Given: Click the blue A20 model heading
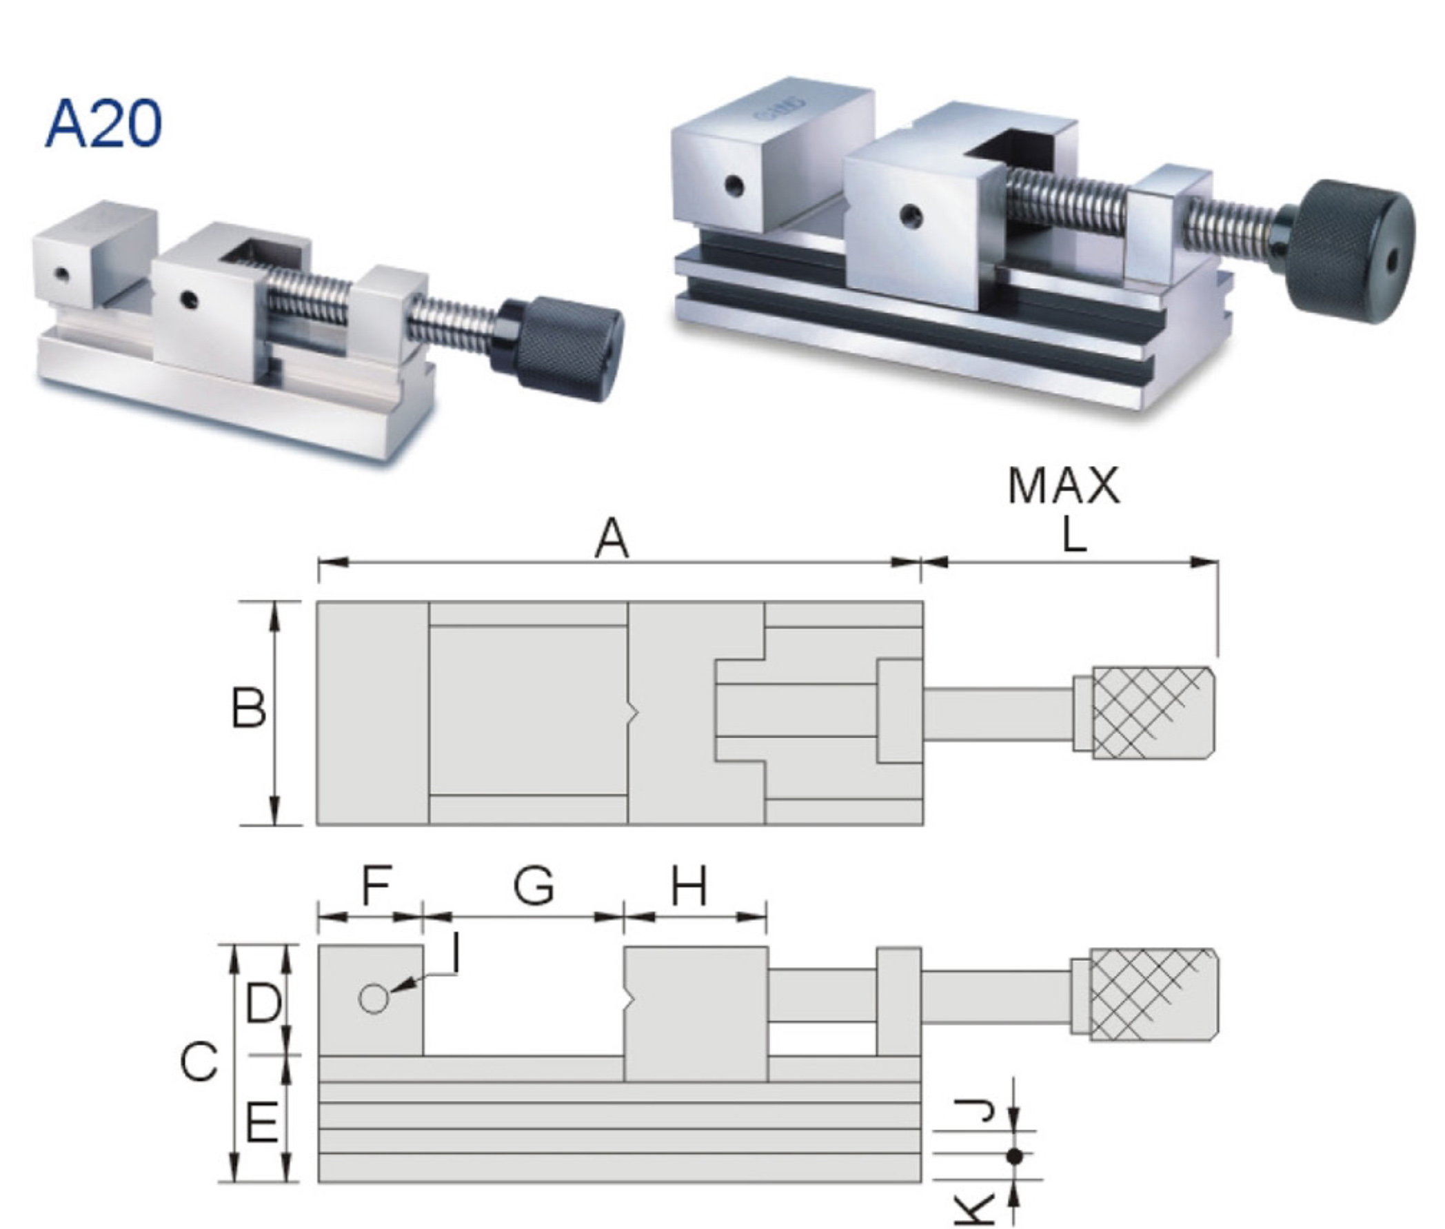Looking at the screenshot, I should (x=103, y=124).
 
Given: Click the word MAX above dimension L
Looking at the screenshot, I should (x=1063, y=487).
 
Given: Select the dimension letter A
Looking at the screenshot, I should (x=612, y=540).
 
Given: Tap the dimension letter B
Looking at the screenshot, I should (x=248, y=709).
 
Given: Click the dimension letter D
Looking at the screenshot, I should (x=263, y=1004).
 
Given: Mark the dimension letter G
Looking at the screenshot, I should (x=534, y=886).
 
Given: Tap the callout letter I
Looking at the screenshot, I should (x=455, y=954).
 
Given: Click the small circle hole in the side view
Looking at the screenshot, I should (x=374, y=999).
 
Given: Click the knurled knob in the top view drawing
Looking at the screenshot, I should (x=1153, y=713).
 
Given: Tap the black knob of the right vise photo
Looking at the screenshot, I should (x=1351, y=252).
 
